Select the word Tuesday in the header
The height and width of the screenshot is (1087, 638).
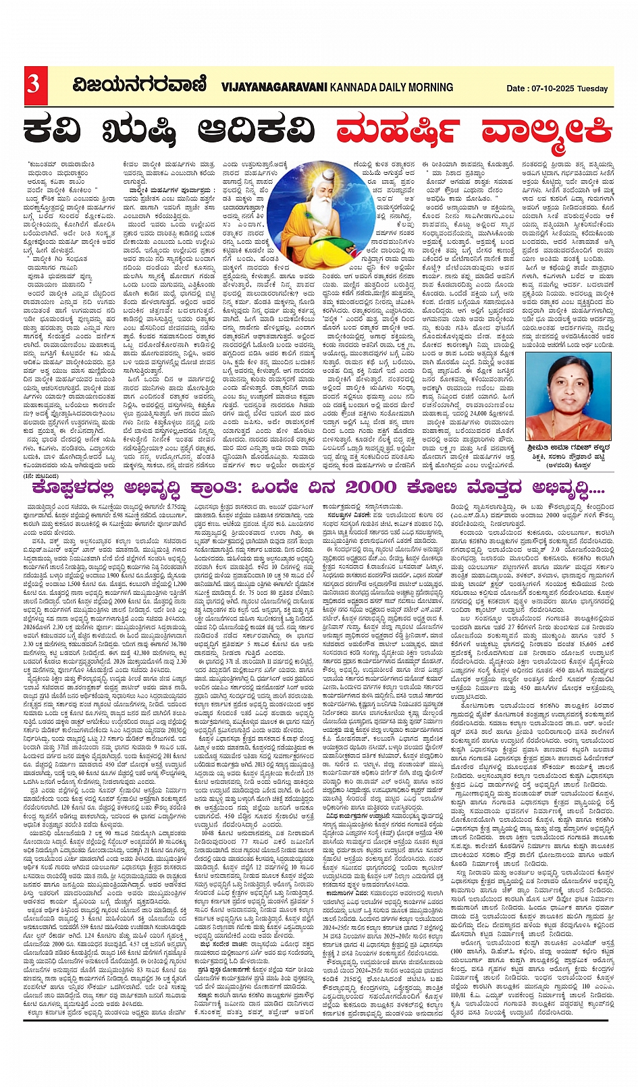pos(593,88)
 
